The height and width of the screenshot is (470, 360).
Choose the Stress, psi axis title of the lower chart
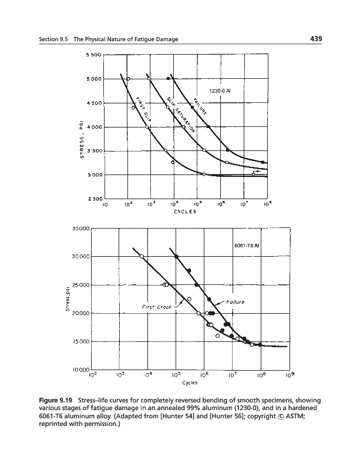[x=69, y=299]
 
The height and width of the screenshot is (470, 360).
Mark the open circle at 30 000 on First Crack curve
[x=142, y=256]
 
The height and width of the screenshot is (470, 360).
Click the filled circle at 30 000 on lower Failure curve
[x=177, y=257]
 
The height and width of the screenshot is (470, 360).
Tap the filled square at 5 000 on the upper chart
[x=169, y=79]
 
